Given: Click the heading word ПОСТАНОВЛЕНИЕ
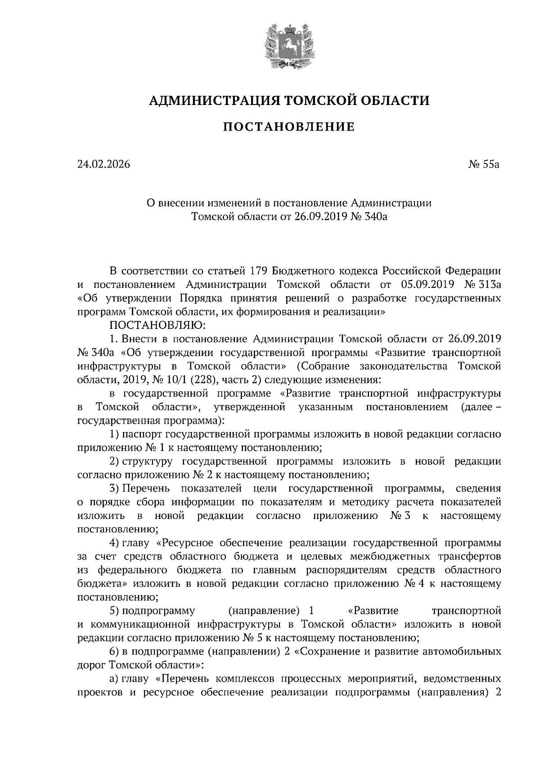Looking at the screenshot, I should click(289, 127).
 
